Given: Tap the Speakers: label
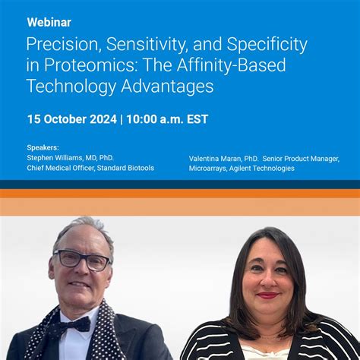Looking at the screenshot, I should [x=43, y=148].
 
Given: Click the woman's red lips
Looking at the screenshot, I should [x=267, y=295].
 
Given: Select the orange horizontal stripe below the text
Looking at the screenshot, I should [x=180, y=194].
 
